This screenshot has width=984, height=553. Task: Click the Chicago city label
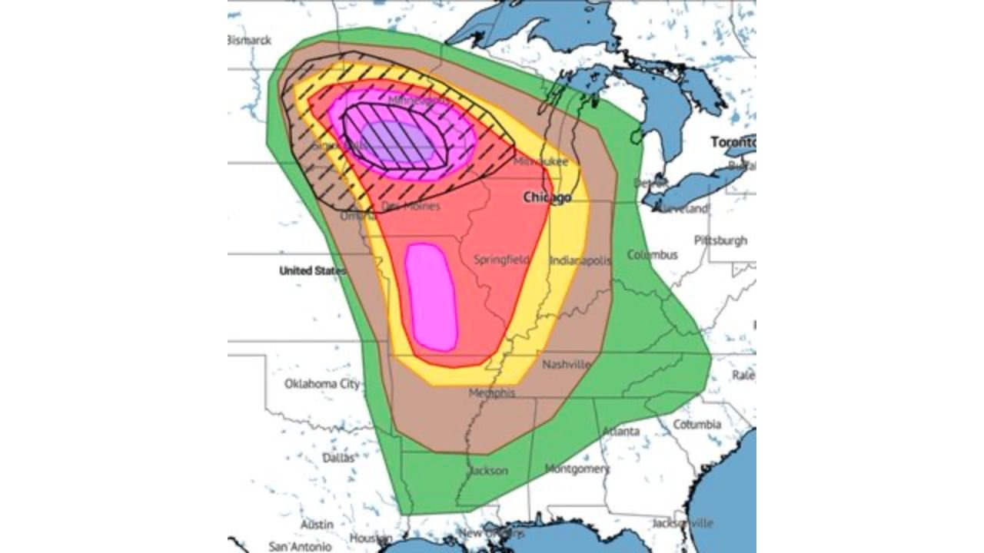pos(547,197)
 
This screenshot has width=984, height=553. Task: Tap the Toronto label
pos(732,142)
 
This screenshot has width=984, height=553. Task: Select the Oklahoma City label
pos(322,384)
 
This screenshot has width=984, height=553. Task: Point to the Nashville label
pos(567,364)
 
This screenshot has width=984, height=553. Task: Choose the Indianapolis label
pos(580,260)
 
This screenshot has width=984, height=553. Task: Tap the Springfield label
pos(501,260)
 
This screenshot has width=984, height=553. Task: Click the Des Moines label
pos(411,206)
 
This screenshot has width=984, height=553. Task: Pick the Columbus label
pos(652,254)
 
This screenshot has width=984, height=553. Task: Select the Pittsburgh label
pos(720,240)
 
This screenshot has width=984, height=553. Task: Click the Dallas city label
pos(339,457)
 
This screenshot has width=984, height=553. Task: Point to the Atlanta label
pos(620,431)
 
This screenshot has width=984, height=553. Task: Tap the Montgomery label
pos(577,468)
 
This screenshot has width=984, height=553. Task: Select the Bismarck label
pos(249,40)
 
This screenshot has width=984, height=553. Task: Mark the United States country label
pos(312,270)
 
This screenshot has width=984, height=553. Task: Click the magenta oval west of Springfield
pos(431,296)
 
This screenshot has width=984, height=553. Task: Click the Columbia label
pos(697,424)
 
